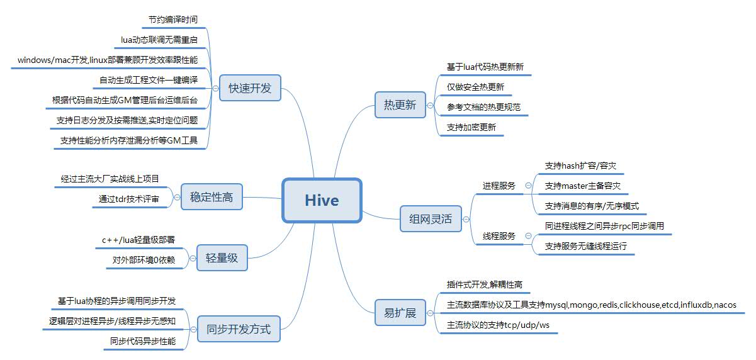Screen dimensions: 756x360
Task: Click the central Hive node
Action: coord(322,200)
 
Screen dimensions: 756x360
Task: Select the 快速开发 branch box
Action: coord(250,88)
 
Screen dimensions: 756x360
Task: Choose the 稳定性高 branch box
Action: coord(212,197)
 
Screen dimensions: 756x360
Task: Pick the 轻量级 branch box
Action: coord(222,257)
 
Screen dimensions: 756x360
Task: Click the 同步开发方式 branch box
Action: coord(239,329)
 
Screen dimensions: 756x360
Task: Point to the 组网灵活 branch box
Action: coord(431,220)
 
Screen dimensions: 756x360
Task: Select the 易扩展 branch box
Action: coord(400,313)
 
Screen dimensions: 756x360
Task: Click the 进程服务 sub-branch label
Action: coord(499,186)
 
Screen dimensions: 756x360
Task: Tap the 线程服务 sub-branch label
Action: coord(499,236)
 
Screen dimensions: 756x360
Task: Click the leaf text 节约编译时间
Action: coord(169,20)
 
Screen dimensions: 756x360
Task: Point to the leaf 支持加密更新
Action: coord(471,127)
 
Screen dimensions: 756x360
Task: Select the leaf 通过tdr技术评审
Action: coord(129,200)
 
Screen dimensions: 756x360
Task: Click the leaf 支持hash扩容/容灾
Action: coord(580,166)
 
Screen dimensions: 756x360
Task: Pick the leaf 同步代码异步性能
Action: coord(143,341)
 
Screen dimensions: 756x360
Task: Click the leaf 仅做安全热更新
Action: coord(475,87)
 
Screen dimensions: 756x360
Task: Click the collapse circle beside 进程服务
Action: coord(528,186)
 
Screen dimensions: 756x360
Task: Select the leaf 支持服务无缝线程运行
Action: coord(586,246)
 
